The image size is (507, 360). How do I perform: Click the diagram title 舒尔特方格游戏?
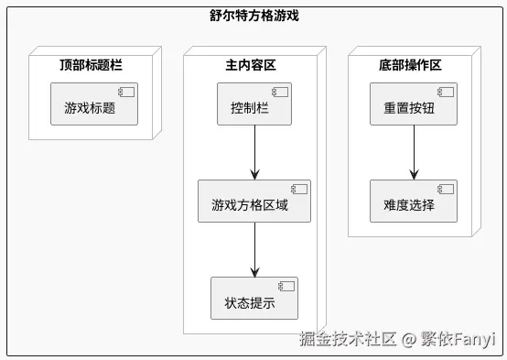tap(253, 16)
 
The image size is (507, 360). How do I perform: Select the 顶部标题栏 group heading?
tap(91, 65)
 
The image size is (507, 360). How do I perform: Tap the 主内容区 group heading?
tap(250, 65)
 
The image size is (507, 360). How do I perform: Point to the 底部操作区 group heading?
tap(409, 65)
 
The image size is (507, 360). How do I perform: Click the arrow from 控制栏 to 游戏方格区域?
tap(254, 153)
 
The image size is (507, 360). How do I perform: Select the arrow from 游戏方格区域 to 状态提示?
tap(254, 250)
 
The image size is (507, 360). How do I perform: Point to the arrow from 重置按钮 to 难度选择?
tap(414, 153)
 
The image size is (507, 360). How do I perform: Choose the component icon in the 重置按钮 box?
tap(445, 93)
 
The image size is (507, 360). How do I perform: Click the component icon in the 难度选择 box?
tap(445, 190)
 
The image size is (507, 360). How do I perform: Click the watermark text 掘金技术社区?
tap(348, 340)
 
